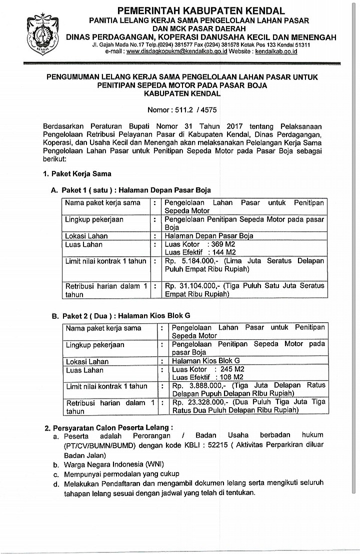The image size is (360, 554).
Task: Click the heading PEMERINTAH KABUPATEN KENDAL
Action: pos(200,10)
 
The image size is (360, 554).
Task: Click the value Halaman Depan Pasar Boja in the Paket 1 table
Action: pos(209,236)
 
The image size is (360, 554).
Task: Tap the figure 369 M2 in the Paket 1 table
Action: pos(223,244)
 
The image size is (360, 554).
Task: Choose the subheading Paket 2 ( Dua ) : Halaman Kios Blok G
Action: pos(125,316)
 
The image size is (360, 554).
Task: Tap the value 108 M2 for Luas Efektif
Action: pos(231,377)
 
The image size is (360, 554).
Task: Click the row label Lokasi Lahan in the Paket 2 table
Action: pos(87,361)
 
